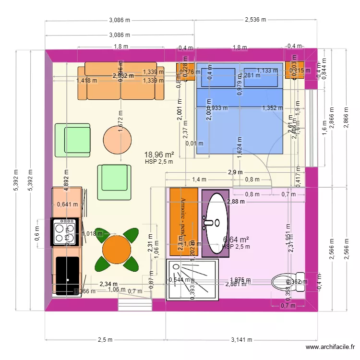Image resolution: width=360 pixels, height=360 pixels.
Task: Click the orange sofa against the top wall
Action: [121, 81]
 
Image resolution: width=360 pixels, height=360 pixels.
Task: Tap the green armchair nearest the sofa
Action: [73, 140]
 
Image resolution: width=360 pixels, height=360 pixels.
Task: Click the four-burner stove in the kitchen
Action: [65, 232]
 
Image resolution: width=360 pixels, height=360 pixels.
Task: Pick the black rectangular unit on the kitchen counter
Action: [67, 275]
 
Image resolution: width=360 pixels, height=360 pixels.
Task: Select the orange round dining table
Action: [117, 249]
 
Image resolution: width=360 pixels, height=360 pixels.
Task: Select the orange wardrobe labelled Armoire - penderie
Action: [183, 221]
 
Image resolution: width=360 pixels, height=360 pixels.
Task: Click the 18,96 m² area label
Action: [159, 155]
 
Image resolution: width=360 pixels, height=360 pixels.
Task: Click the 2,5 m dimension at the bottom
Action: [105, 340]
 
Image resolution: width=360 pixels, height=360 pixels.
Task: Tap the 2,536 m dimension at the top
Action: [255, 20]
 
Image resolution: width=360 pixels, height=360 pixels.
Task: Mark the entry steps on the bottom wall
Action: [134, 304]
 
